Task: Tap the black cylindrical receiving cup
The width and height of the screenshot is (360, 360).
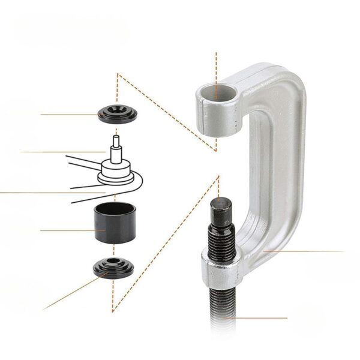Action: click(113, 223)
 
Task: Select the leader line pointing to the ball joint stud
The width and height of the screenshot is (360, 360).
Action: click(60, 152)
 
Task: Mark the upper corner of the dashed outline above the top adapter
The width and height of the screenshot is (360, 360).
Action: click(118, 74)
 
